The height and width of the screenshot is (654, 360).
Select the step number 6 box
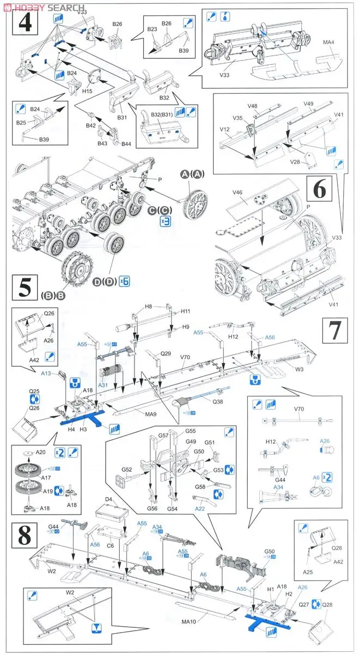pos(320,191)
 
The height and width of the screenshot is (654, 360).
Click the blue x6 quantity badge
pos(124,282)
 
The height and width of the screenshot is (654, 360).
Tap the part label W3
pos(298,368)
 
